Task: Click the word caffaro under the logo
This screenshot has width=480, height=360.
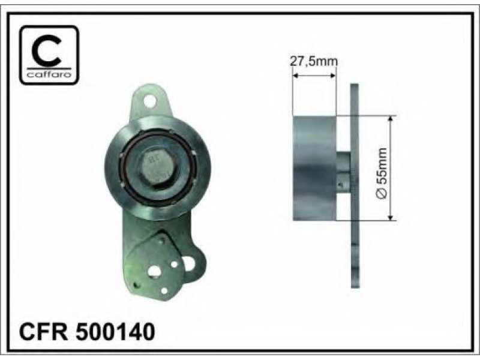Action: tap(49, 74)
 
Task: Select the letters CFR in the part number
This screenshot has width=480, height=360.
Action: tap(43, 332)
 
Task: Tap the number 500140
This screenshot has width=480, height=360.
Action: tap(115, 332)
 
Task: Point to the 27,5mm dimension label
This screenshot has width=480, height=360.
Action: tap(314, 62)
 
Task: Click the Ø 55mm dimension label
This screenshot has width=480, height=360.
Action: tap(382, 173)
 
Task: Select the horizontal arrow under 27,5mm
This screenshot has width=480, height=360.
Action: tap(314, 76)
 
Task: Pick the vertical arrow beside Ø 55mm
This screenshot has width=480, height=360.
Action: tap(391, 168)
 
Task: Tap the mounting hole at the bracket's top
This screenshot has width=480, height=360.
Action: tap(149, 101)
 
